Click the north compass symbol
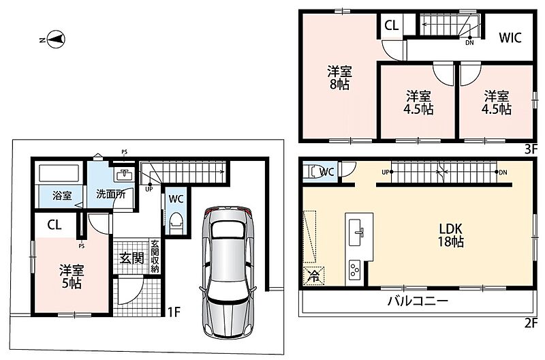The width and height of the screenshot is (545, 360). [57, 40]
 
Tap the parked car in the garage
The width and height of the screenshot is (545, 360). [228, 272]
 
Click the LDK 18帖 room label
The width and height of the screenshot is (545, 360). [450, 235]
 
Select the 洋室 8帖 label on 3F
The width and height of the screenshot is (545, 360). [339, 78]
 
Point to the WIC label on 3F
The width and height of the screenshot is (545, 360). [510, 37]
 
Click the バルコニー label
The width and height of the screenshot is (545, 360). [418, 301]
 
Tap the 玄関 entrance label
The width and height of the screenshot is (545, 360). [131, 258]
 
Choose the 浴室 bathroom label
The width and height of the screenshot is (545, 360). [62, 196]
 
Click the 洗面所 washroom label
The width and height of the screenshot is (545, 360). [110, 194]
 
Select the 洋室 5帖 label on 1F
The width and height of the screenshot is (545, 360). [72, 277]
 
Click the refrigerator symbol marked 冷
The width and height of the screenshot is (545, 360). [314, 276]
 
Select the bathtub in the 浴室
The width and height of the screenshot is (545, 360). [59, 173]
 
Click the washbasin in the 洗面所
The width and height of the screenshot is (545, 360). [124, 175]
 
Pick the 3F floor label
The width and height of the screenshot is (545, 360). [531, 149]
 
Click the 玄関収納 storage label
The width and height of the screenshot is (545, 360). [155, 256]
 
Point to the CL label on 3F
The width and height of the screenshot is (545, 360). [391, 25]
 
